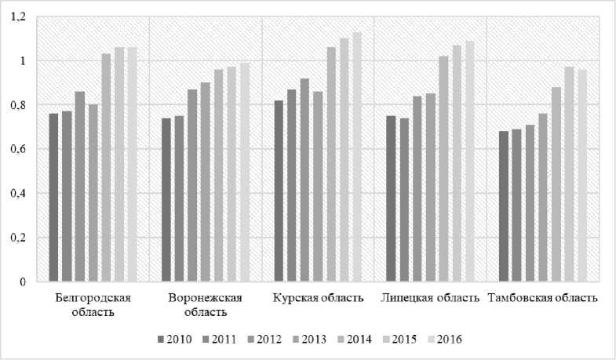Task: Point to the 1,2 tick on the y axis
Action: click(x=18, y=16)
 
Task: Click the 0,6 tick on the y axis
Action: click(x=18, y=149)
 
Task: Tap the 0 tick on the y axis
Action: click(x=24, y=282)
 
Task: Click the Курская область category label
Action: click(x=318, y=298)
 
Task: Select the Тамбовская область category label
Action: click(x=543, y=298)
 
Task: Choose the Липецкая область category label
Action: click(x=430, y=298)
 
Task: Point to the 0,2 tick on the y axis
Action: click(x=18, y=238)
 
